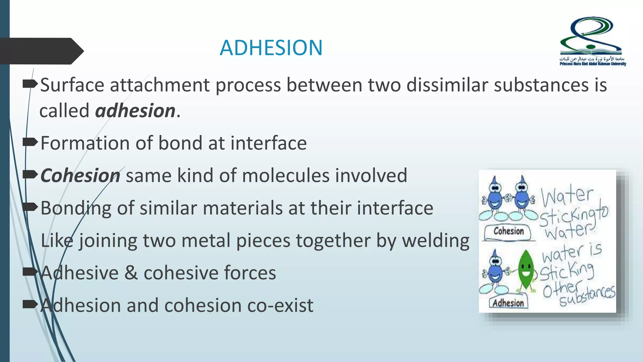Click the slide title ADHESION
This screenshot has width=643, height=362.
pyautogui.click(x=271, y=48)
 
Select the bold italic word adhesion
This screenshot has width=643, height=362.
pyautogui.click(x=135, y=111)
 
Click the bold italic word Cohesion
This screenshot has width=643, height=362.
pyautogui.click(x=80, y=175)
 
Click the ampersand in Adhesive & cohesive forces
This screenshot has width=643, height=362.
pyautogui.click(x=131, y=273)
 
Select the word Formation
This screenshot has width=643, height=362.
pyautogui.click(x=85, y=143)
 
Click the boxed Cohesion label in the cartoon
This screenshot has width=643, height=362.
pyautogui.click(x=508, y=232)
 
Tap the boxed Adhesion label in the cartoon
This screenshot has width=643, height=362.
pyautogui.click(x=508, y=303)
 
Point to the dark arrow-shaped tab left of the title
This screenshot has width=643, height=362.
pyautogui.click(x=41, y=51)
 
